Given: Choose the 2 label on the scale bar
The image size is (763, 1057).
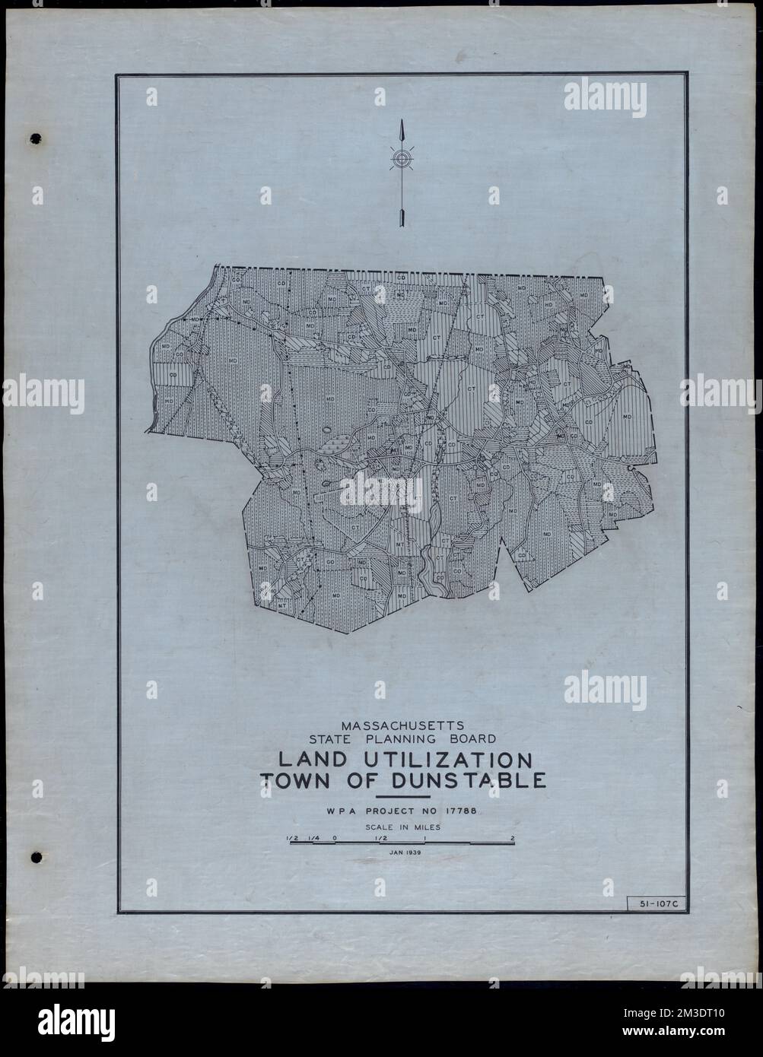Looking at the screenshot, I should point(514,840).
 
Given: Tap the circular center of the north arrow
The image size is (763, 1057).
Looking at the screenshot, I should point(401,158).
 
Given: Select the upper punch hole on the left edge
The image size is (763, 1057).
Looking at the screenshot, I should point(35,140).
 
